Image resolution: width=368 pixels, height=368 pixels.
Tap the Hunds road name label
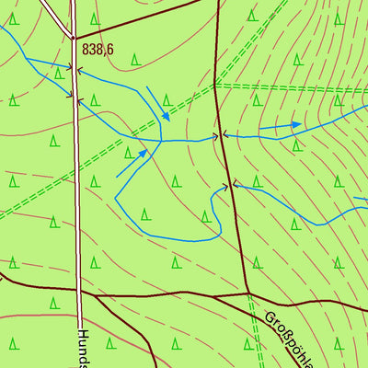click(x=84, y=348)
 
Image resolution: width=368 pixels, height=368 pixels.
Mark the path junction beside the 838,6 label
click(x=73, y=38)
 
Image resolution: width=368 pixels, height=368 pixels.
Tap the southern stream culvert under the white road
click(x=76, y=98)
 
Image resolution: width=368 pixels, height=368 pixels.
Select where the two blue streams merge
click(x=162, y=140)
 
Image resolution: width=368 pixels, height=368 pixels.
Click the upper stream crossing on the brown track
click(x=221, y=136)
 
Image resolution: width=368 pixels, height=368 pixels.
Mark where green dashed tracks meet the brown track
click(x=216, y=86)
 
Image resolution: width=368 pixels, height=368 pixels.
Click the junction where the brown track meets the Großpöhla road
click(x=248, y=293)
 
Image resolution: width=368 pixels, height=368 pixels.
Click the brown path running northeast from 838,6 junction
click(x=138, y=18)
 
